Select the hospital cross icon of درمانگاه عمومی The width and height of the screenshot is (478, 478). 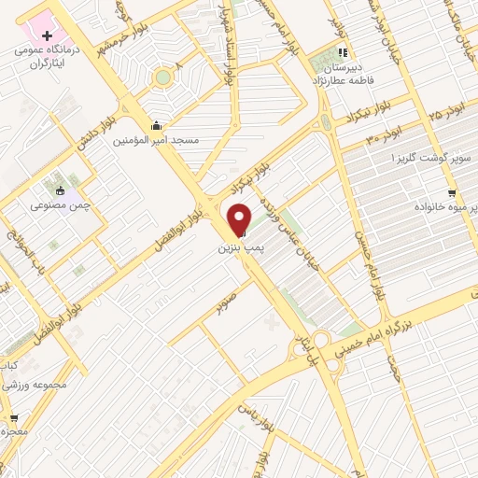48,35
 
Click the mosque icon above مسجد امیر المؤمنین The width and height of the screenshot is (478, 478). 154,126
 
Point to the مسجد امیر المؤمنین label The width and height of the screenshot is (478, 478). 156,141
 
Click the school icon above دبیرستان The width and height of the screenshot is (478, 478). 343,53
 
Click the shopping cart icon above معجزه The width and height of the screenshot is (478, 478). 13,416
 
